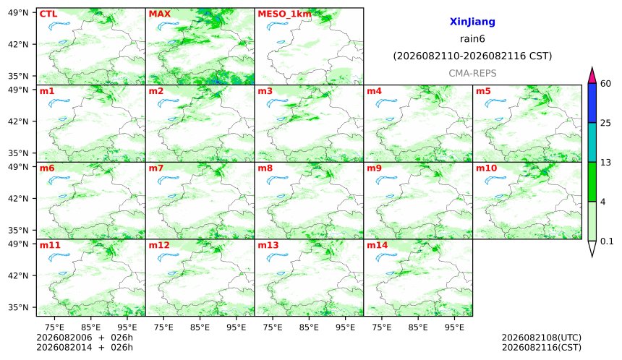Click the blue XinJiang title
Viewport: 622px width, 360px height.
[472, 22]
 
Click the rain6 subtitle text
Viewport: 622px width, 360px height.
[472, 39]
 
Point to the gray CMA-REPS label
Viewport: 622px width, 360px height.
[472, 73]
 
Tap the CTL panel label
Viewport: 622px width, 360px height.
[48, 14]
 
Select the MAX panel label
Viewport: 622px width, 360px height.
[159, 14]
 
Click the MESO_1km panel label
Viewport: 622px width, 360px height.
[284, 14]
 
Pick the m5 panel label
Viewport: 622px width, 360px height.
[483, 91]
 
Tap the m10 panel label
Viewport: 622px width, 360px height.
[486, 168]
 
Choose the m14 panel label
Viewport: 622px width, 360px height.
[378, 245]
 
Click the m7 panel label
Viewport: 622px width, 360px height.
[156, 168]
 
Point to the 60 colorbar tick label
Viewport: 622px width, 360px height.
[606, 84]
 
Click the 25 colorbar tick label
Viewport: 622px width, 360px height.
[606, 123]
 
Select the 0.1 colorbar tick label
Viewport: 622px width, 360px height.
[607, 241]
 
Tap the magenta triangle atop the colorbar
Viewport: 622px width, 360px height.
[592, 77]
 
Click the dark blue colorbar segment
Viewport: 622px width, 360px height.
[592, 103]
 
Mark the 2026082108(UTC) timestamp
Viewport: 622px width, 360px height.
[542, 338]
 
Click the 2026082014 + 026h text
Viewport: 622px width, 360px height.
[85, 347]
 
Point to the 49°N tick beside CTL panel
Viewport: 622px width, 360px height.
[18, 13]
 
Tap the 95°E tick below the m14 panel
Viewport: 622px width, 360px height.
[454, 327]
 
